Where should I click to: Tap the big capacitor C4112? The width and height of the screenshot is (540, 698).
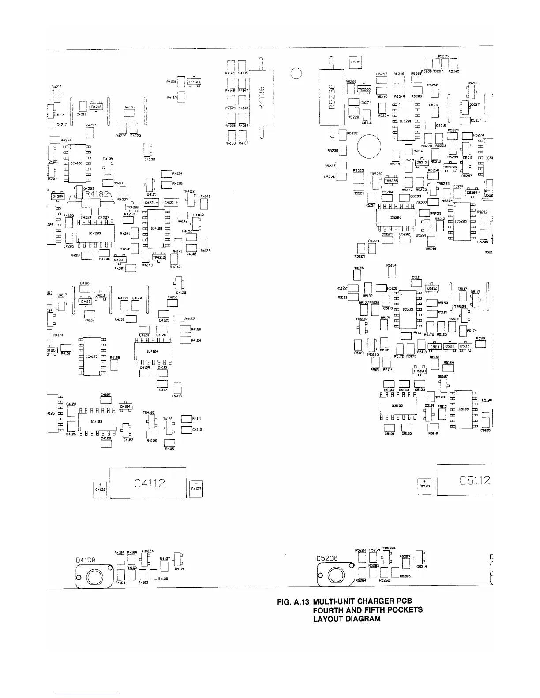tap(147, 483)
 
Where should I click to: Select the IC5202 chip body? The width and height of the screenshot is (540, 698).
tap(395, 217)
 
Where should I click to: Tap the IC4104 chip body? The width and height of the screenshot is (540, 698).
tap(153, 351)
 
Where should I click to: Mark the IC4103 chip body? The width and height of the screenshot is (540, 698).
tap(97, 422)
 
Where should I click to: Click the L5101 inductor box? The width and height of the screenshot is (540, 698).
tap(356, 63)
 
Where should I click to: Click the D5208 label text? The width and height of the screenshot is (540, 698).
tap(327, 558)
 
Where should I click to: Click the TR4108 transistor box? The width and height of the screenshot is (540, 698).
tap(194, 82)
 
